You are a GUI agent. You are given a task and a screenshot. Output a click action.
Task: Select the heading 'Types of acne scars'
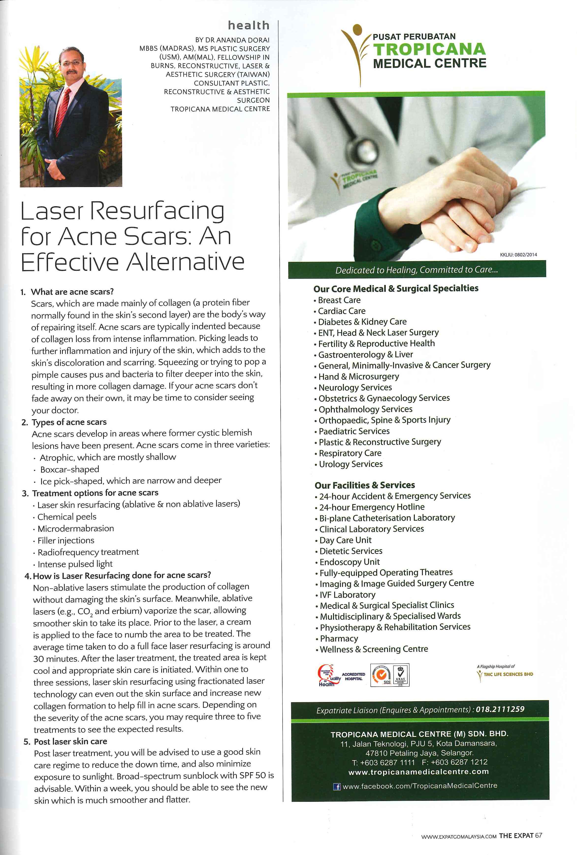(69, 422)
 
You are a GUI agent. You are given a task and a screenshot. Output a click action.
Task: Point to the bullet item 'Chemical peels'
(67, 516)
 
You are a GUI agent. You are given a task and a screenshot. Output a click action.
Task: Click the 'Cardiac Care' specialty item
(341, 311)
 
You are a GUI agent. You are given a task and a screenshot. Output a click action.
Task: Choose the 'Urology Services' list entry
(350, 464)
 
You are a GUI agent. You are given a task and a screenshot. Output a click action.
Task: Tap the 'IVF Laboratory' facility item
(347, 595)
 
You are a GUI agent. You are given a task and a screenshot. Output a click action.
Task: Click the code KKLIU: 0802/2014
(518, 255)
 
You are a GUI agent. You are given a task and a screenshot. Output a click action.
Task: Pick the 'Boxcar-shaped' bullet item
(69, 469)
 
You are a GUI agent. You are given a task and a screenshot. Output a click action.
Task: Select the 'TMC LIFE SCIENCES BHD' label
(508, 674)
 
